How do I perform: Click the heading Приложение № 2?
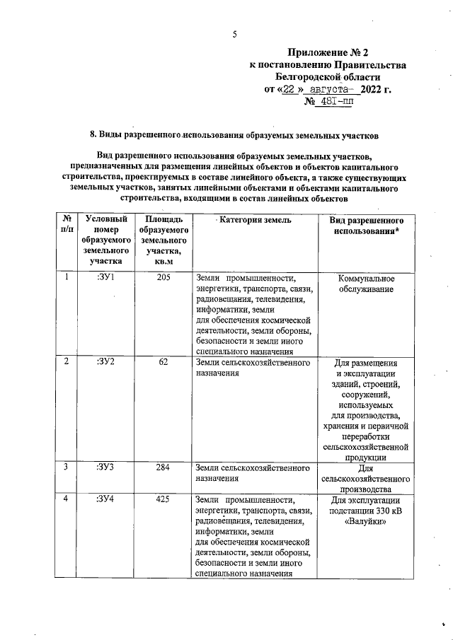[x=328, y=52]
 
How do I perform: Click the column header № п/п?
[x=66, y=226]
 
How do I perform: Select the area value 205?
[x=164, y=277]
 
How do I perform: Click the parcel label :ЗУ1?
[x=106, y=277]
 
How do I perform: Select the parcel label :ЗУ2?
[x=106, y=362]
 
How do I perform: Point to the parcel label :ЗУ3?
[x=106, y=467]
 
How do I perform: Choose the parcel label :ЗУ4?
[x=106, y=499]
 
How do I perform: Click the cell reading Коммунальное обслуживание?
[x=366, y=284]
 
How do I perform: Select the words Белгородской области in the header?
[x=328, y=76]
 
